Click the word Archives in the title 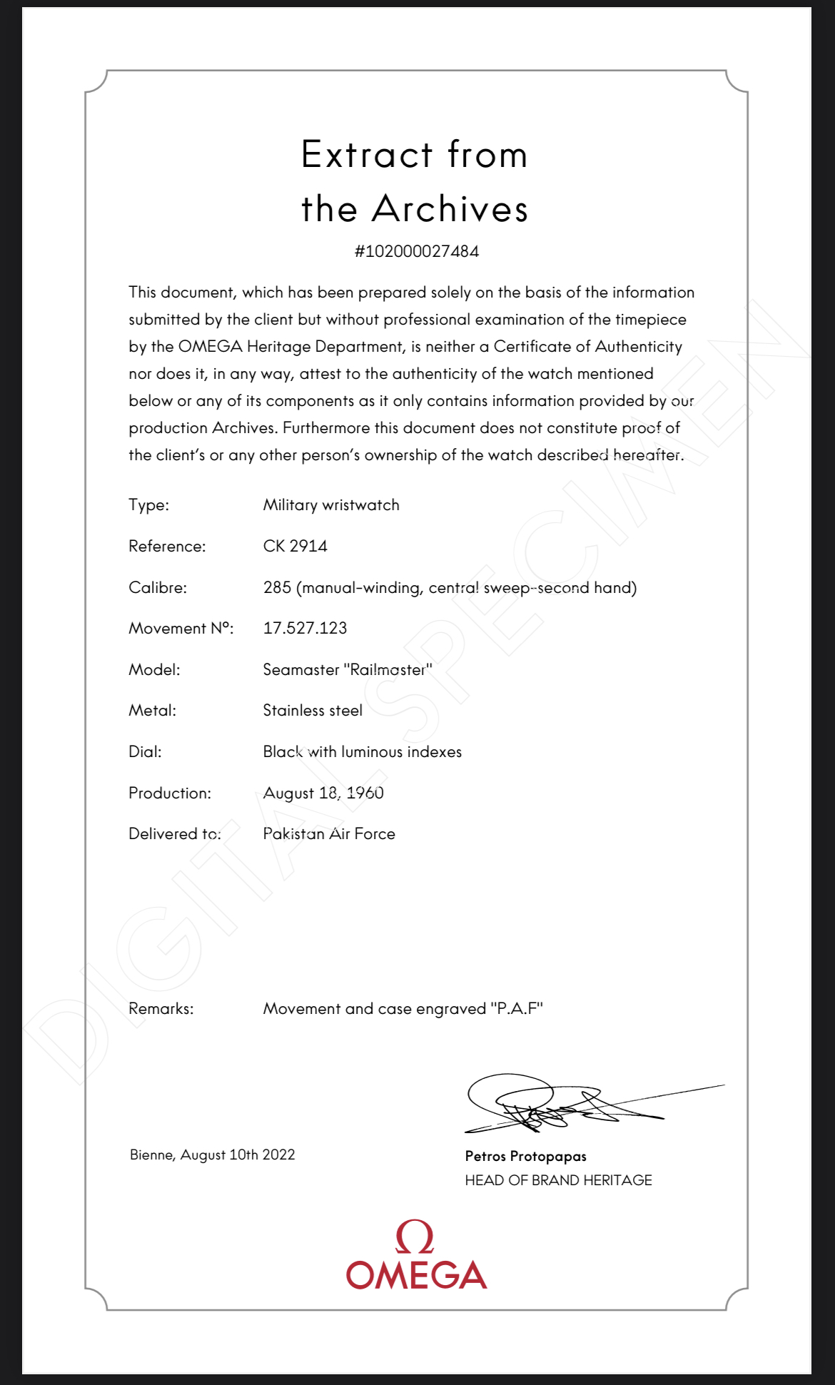click(x=450, y=209)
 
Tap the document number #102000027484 click(x=417, y=251)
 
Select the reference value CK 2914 click(x=295, y=546)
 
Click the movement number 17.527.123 click(x=305, y=628)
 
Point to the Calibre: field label click(x=158, y=587)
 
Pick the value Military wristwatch click(x=331, y=505)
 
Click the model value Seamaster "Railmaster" click(x=348, y=669)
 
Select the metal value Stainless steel click(x=313, y=711)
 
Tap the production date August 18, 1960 click(x=323, y=793)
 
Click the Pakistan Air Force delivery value click(x=329, y=833)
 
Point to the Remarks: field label click(x=161, y=1008)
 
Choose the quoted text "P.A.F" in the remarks click(x=517, y=1008)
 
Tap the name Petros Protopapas click(x=525, y=1156)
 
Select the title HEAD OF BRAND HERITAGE click(x=558, y=1180)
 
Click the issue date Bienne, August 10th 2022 click(x=213, y=1155)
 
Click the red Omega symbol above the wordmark click(x=415, y=1237)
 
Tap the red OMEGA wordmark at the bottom click(x=417, y=1275)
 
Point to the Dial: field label click(x=145, y=751)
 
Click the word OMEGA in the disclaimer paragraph click(x=210, y=347)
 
